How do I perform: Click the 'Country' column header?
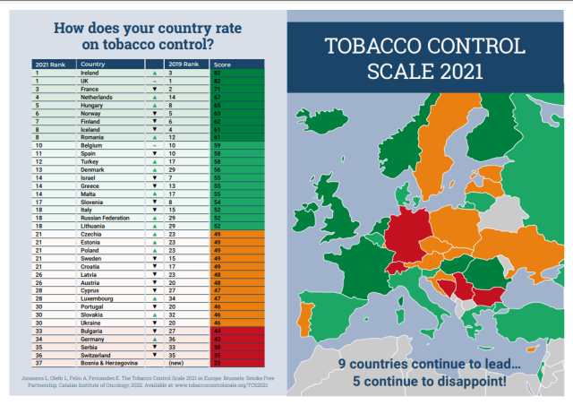coord(93,65)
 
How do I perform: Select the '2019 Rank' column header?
coord(181,65)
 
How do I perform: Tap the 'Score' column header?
coord(221,65)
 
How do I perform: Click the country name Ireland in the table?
coord(90,73)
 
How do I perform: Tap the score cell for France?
coord(218,90)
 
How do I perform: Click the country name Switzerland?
coord(97,355)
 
